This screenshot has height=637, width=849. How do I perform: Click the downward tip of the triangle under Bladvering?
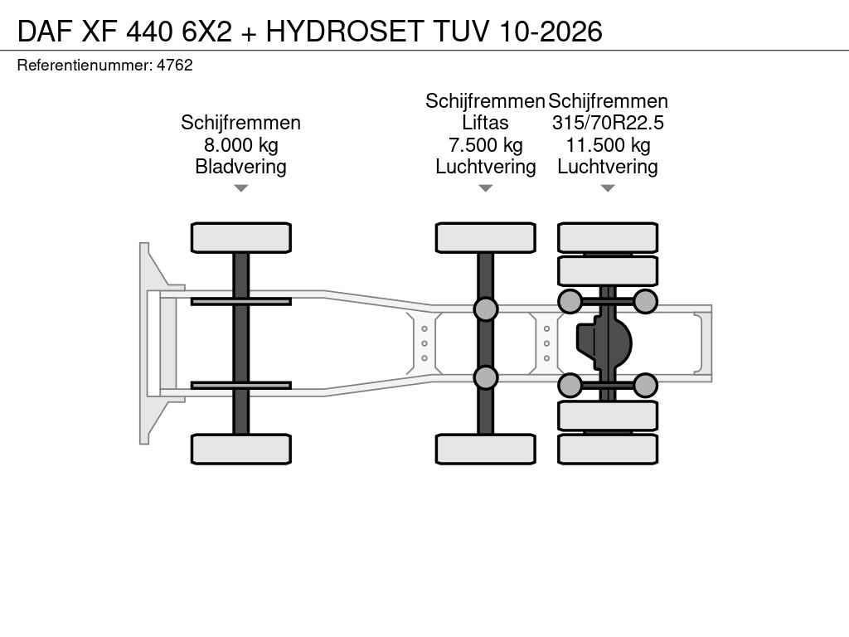(x=241, y=192)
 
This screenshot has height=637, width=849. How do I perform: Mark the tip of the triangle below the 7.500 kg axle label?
(x=486, y=192)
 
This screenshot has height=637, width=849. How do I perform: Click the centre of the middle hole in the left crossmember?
(x=424, y=343)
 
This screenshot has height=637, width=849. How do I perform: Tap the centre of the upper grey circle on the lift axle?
(x=486, y=309)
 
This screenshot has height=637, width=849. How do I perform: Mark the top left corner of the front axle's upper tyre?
(x=192, y=223)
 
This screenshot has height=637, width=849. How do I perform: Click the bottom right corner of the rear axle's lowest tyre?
(x=657, y=464)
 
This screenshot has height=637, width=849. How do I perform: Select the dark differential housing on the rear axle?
(x=604, y=343)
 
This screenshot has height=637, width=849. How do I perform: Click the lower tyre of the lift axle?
(x=486, y=449)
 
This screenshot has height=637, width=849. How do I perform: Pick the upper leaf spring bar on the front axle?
(x=241, y=301)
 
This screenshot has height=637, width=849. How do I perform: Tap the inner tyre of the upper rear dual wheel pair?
(x=608, y=270)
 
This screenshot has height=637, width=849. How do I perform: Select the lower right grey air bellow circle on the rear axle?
(x=645, y=386)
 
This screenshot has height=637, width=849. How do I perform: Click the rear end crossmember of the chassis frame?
(x=706, y=343)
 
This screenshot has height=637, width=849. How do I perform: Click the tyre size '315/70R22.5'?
(x=608, y=123)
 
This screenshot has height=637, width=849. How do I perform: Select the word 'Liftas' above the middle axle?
(x=485, y=123)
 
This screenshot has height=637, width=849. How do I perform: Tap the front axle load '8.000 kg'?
(x=241, y=145)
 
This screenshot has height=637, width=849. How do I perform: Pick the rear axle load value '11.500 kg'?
(x=608, y=145)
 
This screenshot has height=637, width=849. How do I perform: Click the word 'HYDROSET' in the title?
(x=344, y=31)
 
